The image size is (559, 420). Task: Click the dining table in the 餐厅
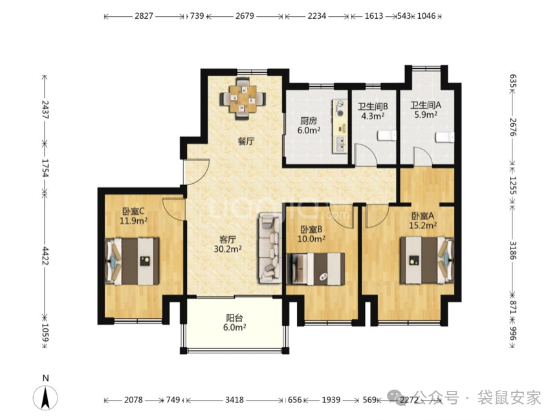[243, 98]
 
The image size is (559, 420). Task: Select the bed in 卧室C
[132, 261]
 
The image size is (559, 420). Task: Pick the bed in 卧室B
[316, 269]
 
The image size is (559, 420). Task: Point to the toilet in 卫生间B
[386, 136]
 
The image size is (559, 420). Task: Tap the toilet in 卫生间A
[444, 137]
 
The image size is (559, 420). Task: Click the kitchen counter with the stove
[340, 126]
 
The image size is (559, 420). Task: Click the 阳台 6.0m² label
[234, 323]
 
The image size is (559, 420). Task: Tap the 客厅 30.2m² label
[228, 244]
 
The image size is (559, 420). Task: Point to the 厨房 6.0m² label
[309, 125]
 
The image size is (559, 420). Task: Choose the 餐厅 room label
[246, 141]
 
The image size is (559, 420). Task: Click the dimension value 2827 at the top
[144, 16]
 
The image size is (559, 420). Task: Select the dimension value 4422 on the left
[45, 255]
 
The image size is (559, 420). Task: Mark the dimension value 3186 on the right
[512, 250]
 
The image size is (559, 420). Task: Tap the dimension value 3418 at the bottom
[235, 400]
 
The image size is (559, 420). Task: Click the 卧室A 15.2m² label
[423, 221]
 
